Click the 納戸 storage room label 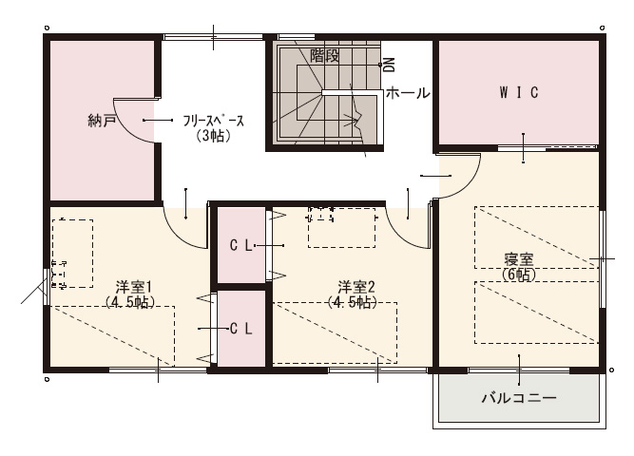point(103,121)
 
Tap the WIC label point(519,93)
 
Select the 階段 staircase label point(325,56)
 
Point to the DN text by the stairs point(390,65)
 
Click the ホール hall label point(408,93)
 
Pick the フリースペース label point(214,121)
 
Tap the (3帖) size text point(214,136)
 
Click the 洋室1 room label point(133,288)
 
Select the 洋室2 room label point(356,288)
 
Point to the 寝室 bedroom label point(519,259)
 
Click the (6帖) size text point(519,275)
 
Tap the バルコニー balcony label point(519,398)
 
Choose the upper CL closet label point(241,245)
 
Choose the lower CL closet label point(241,329)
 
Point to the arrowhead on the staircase point(353,120)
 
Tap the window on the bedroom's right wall point(602,258)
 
